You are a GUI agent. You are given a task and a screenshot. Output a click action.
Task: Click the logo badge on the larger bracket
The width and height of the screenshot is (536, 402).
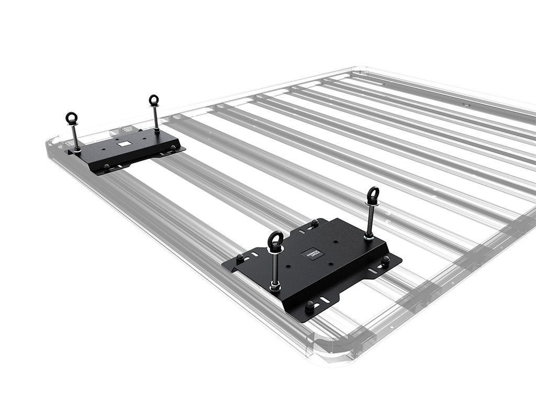313,253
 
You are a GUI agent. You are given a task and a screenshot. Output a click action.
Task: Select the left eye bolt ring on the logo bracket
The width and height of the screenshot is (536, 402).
276,241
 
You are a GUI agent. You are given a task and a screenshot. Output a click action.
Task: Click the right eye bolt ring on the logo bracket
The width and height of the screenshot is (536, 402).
373,195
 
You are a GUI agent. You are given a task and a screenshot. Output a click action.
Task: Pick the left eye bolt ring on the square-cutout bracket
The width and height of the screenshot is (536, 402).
71,118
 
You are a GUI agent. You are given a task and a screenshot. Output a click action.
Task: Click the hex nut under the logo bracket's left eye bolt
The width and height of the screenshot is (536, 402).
275,287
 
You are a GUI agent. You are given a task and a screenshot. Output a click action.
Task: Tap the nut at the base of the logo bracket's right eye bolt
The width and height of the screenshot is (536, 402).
369,236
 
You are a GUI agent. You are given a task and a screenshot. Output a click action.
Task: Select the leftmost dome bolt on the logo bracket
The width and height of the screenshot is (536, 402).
240,258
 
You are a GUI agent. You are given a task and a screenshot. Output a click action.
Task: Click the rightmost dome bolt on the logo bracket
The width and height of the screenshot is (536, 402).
386,260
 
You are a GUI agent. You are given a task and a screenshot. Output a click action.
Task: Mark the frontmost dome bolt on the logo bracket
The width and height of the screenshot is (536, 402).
309,304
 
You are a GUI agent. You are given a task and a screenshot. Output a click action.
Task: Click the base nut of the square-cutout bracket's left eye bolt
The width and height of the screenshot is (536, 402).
77,150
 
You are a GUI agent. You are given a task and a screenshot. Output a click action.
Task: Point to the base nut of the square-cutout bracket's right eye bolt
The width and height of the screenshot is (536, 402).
157,130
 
